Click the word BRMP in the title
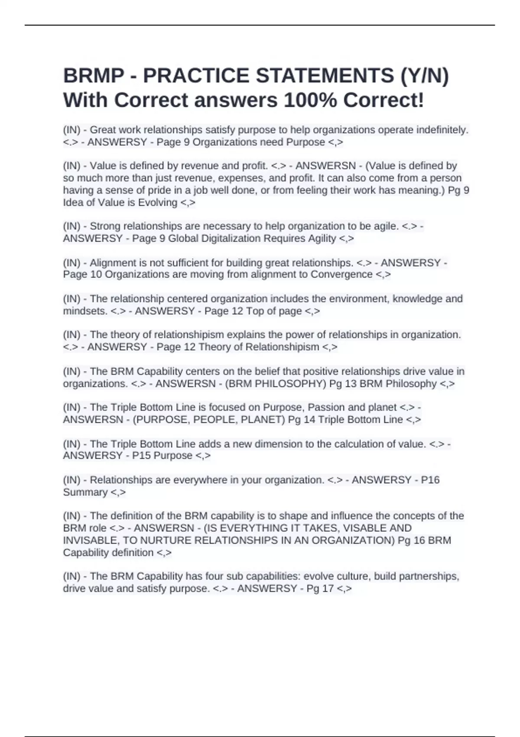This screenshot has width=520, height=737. coord(94,76)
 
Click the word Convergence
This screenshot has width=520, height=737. coord(341,274)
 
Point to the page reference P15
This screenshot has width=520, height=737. coord(141,456)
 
